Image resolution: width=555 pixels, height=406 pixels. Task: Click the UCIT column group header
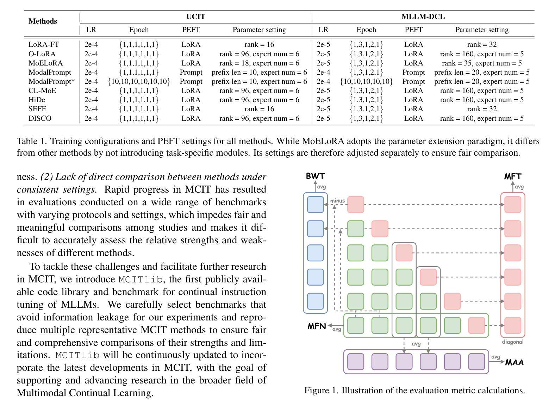pyautogui.click(x=195, y=17)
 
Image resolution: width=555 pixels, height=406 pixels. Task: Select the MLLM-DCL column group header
pyautogui.click(x=423, y=17)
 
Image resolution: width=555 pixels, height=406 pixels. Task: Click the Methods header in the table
pyautogui.click(x=43, y=21)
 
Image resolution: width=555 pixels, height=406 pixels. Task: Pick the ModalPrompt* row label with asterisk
pyautogui.click(x=51, y=81)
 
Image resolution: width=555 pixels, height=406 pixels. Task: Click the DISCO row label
pyautogui.click(x=40, y=118)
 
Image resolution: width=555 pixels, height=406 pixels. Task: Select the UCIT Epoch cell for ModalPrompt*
pyautogui.click(x=139, y=81)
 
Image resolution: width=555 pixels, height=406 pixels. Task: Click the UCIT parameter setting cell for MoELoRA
pyautogui.click(x=259, y=63)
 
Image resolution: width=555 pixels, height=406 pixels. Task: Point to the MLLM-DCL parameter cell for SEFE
pyautogui.click(x=482, y=109)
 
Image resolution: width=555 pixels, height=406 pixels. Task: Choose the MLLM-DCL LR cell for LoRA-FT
pyautogui.click(x=323, y=44)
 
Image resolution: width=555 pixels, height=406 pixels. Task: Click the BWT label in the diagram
pyautogui.click(x=315, y=176)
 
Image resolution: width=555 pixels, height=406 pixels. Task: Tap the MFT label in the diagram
pyautogui.click(x=513, y=176)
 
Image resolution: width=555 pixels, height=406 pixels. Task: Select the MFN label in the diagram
pyautogui.click(x=317, y=326)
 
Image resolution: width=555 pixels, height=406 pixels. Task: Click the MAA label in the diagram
pyautogui.click(x=515, y=362)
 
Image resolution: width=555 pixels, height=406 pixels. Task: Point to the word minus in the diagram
pyautogui.click(x=337, y=201)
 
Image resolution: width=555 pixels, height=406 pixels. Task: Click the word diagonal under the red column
pyautogui.click(x=513, y=342)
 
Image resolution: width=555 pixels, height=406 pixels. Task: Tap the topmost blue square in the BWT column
pyautogui.click(x=316, y=205)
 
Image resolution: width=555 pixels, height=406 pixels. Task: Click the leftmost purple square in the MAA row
pyautogui.click(x=356, y=362)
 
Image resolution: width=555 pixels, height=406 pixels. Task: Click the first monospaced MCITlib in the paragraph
pyautogui.click(x=141, y=280)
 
